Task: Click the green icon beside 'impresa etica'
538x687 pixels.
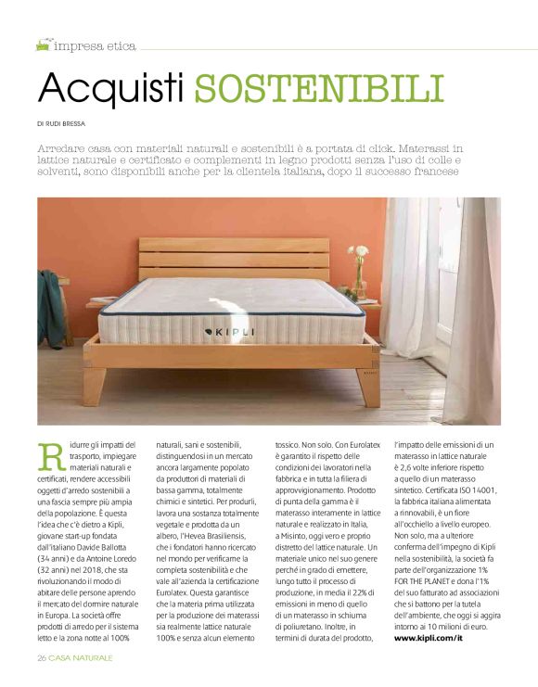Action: [x=43, y=45]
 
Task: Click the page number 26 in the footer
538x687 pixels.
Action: [x=42, y=657]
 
